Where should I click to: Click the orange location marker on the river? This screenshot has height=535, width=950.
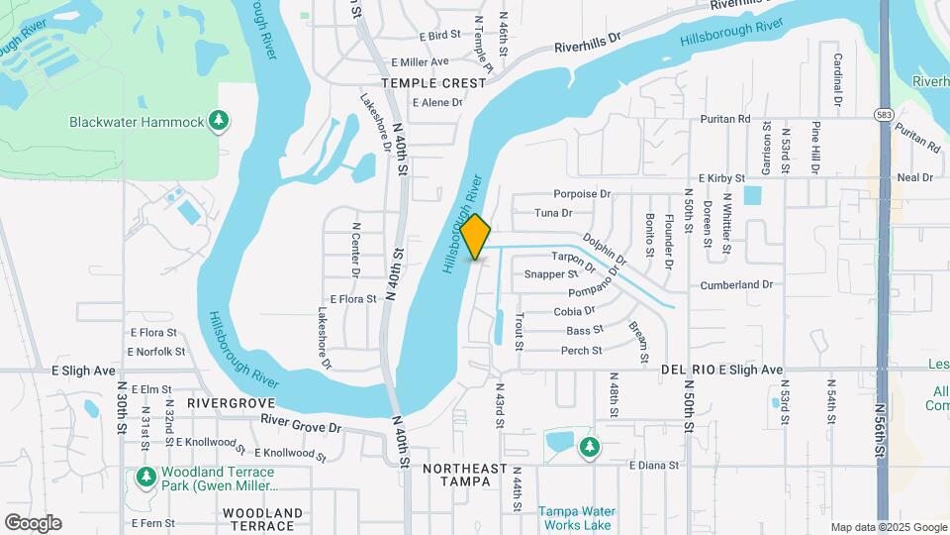coord(475,236)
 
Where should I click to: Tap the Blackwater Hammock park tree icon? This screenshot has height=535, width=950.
coord(219,122)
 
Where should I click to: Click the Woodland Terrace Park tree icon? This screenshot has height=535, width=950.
coord(146,479)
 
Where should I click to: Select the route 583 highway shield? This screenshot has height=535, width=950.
coord(883,116)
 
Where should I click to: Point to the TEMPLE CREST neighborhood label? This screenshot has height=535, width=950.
coord(435,83)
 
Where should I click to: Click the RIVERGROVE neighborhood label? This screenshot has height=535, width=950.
coord(231,404)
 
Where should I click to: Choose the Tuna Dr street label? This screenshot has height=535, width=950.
coord(553,213)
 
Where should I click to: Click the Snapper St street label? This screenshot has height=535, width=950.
coord(551,274)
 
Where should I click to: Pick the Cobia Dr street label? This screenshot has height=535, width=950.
coord(574,311)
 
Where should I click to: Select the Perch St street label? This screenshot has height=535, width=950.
coord(582,351)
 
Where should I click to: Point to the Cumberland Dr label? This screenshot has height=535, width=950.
coord(735,284)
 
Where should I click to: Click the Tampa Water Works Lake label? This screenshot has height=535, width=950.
coord(576,518)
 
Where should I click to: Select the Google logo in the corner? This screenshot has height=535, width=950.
coord(33,523)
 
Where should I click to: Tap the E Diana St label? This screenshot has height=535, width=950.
coord(654,464)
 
